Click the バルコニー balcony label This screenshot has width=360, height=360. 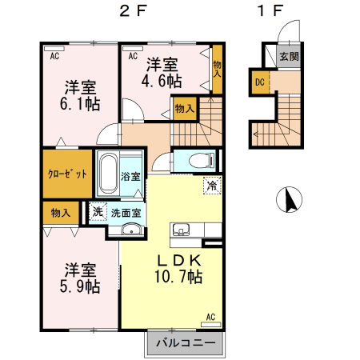click(x=186, y=342)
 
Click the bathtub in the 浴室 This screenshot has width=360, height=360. click(x=106, y=174)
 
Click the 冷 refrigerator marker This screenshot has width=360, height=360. click(x=212, y=184)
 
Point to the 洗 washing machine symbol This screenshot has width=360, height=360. click(x=97, y=213)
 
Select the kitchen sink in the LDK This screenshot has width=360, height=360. click(x=180, y=231)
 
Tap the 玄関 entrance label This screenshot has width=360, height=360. click(x=290, y=57)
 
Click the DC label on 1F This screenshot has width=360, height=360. click(x=260, y=81)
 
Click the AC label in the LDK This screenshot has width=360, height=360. click(x=212, y=317)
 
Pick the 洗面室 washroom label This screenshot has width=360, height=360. click(x=126, y=213)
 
